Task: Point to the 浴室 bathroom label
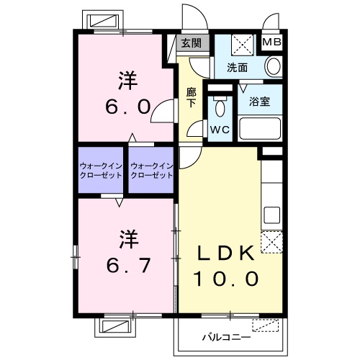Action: [260, 102]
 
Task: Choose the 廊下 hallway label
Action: [191, 97]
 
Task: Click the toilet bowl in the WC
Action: [219, 108]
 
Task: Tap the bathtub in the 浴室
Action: [259, 130]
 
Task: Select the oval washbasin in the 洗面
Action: [273, 67]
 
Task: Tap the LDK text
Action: [225, 254]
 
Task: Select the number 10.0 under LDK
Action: [225, 278]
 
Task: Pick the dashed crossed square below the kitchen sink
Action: [271, 242]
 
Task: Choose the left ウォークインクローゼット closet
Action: [101, 171]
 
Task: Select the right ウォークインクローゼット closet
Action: [152, 171]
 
